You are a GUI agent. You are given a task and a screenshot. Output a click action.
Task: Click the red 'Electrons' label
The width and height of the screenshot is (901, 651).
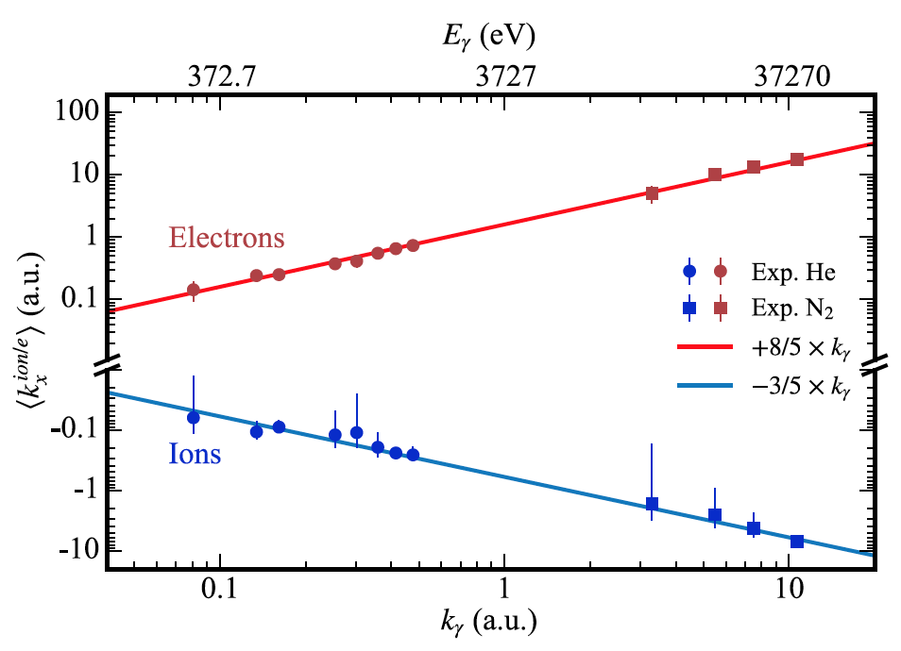(227, 238)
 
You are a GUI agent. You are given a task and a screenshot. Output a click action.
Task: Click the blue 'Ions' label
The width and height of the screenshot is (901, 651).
(195, 456)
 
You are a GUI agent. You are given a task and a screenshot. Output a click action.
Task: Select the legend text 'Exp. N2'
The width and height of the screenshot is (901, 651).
(787, 308)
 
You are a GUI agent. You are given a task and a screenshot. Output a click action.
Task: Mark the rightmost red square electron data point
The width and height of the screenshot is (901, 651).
(797, 159)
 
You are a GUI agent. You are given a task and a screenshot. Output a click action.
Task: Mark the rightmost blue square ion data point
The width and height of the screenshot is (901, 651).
(797, 542)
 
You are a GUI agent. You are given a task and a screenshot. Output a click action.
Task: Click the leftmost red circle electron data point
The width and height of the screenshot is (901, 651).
(194, 290)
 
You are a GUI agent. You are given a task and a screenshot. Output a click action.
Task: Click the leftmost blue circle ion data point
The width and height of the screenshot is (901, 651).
(194, 417)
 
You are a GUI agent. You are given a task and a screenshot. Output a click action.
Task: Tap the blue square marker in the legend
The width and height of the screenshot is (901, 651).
(689, 308)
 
